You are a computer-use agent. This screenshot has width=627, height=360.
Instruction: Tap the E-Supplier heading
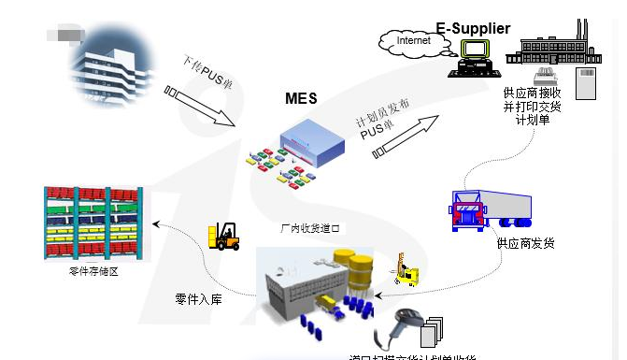(473, 28)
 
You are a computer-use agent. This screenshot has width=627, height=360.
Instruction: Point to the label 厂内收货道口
(311, 227)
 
